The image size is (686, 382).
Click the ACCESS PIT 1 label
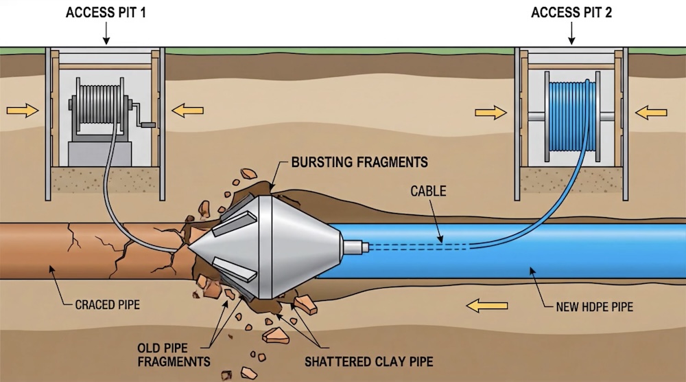[x=106, y=12]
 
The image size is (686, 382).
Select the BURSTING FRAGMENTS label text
[x=359, y=163]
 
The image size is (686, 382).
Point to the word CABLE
[x=428, y=191]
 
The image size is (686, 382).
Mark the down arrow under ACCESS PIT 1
[x=106, y=34]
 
